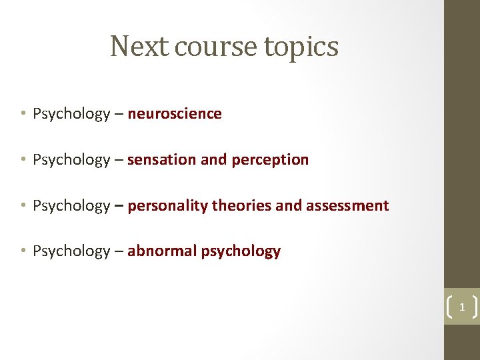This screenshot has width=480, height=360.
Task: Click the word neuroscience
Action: pyautogui.click(x=175, y=114)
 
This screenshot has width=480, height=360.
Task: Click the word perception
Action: pyautogui.click(x=270, y=161)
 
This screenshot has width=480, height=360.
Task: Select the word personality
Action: pyautogui.click(x=167, y=206)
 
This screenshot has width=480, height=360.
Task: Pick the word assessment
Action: pyautogui.click(x=347, y=205)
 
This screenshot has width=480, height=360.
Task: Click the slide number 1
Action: pyautogui.click(x=461, y=307)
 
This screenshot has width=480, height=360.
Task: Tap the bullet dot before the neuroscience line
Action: pyautogui.click(x=23, y=114)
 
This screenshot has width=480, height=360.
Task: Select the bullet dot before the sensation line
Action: pyautogui.click(x=23, y=160)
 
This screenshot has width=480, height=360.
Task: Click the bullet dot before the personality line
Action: pyautogui.click(x=23, y=205)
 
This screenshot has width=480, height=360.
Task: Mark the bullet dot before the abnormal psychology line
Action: pyautogui.click(x=23, y=251)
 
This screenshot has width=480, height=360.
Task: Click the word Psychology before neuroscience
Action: pyautogui.click(x=71, y=114)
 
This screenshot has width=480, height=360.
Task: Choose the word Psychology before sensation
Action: pyautogui.click(x=71, y=160)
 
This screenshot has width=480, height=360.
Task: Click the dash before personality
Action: pyautogui.click(x=119, y=206)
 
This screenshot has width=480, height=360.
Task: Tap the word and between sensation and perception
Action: pyautogui.click(x=213, y=160)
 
